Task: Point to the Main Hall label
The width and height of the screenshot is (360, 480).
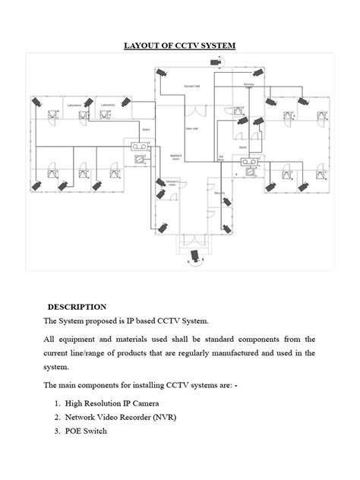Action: [193, 128]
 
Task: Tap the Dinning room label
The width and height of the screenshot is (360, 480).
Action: [248, 85]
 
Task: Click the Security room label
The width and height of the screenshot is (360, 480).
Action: [219, 193]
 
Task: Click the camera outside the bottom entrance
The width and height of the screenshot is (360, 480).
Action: [196, 255]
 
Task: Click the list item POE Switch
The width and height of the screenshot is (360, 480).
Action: [86, 431]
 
